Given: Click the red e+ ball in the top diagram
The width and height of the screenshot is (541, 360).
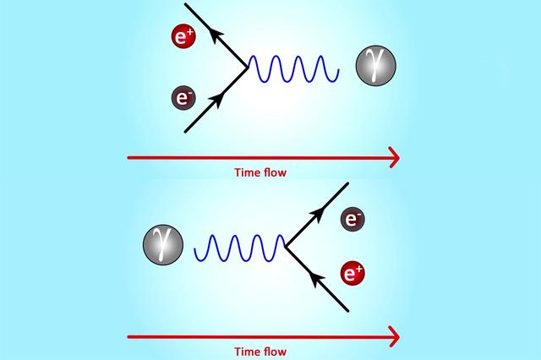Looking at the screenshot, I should click(x=183, y=37).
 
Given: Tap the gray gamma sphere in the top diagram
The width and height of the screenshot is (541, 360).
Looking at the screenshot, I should click(x=374, y=65).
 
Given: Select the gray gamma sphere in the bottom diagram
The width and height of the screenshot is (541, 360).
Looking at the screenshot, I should click(x=164, y=246).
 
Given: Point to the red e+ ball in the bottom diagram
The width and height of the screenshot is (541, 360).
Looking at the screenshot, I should click(x=353, y=273).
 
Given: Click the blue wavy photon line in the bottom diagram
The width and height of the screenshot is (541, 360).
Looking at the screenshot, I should click(x=241, y=249).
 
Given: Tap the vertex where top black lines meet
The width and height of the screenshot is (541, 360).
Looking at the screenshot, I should click(x=247, y=68).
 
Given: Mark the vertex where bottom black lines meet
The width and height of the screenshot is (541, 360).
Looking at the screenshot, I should click(x=286, y=248).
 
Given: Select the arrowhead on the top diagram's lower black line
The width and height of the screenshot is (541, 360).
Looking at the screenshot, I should click(x=215, y=101).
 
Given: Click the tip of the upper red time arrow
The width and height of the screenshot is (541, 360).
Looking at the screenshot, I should click(x=396, y=156).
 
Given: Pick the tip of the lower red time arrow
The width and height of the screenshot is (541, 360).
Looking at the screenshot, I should click(x=396, y=336).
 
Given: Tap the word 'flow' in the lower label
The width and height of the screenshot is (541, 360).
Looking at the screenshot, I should click(x=276, y=352).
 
